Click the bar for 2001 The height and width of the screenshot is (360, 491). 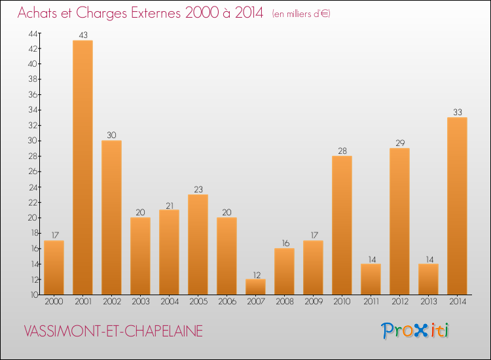[x=82, y=168]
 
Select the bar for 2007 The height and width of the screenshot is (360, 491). [x=255, y=287]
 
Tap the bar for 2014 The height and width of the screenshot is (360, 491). [x=457, y=206]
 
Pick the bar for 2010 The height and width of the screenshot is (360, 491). [x=342, y=225]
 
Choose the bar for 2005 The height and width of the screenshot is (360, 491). [x=198, y=244]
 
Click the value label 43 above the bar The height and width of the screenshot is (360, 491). [x=82, y=35]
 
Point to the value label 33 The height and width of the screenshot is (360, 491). [x=457, y=112]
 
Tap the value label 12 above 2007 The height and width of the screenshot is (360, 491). [x=255, y=273]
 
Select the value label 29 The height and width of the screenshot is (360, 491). [x=399, y=143]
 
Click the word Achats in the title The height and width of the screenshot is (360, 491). [x=40, y=12]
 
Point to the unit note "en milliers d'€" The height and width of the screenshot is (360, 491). [x=300, y=14]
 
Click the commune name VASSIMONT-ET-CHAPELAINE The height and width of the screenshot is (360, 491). [x=113, y=331]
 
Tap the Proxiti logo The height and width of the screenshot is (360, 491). [x=416, y=331]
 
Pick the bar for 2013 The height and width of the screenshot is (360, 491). [x=428, y=279]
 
